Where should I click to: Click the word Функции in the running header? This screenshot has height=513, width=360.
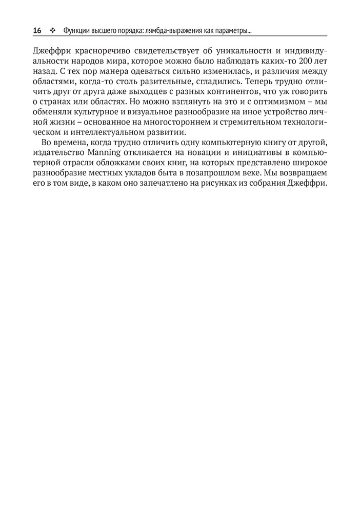[x=77, y=31]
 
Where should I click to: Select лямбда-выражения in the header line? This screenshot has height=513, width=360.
[x=177, y=31]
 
